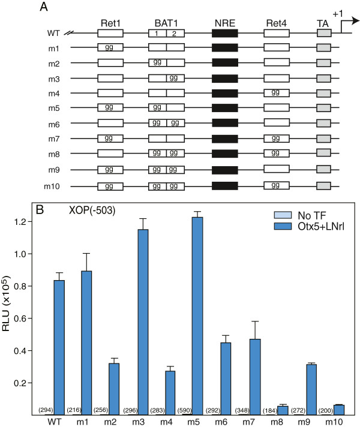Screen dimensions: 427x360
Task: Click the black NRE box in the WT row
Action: [x=225, y=34]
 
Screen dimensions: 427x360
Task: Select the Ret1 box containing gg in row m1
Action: [x=110, y=46]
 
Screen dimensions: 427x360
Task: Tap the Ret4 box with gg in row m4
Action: [x=277, y=92]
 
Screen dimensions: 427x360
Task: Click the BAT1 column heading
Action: [x=166, y=23]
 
